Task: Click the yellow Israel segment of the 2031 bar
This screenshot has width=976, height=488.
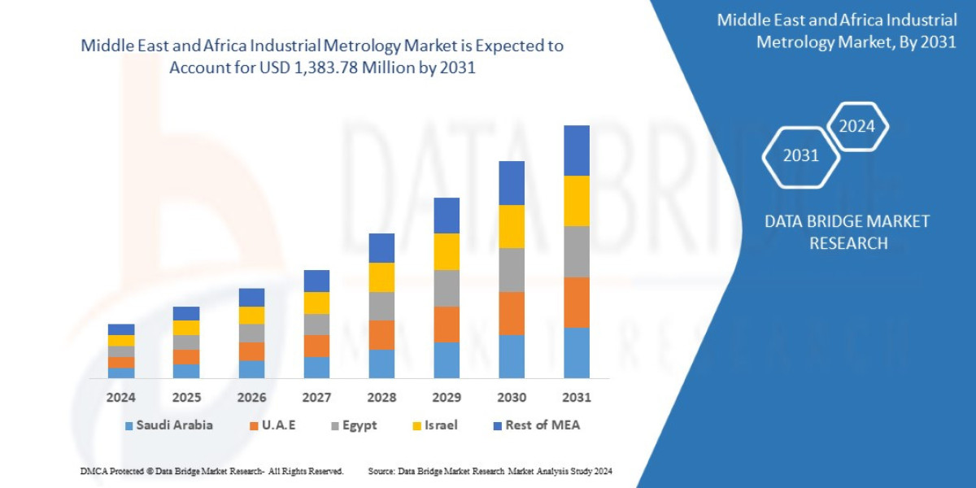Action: click(576, 201)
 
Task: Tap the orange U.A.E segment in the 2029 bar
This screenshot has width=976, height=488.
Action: click(447, 324)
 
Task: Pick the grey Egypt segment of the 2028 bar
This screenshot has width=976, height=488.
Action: click(381, 306)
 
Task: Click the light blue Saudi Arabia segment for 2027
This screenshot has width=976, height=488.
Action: click(316, 367)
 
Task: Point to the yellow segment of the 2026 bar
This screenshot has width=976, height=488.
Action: click(251, 315)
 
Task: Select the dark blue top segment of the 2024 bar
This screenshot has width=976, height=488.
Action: click(121, 329)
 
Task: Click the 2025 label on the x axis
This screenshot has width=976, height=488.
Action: click(186, 398)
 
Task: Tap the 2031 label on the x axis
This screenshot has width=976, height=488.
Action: click(576, 398)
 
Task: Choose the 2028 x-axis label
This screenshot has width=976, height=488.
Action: click(381, 398)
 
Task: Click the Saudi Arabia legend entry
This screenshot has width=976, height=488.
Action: click(170, 425)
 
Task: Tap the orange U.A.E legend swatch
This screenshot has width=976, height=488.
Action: click(253, 425)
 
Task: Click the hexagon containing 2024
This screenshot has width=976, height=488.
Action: click(856, 126)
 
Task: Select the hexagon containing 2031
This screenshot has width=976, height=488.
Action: click(800, 155)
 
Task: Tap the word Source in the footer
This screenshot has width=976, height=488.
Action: click(381, 471)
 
